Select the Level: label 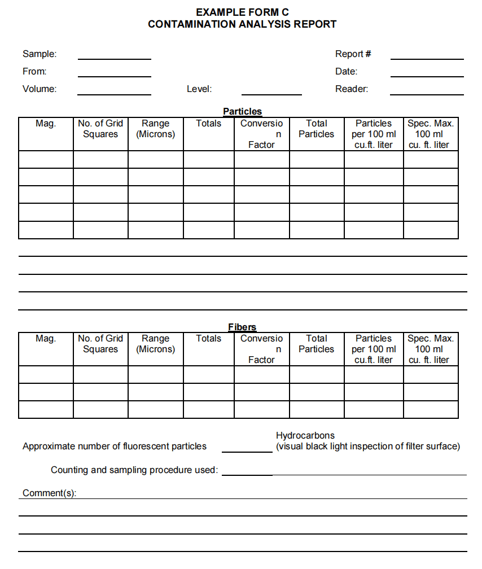tap(199, 89)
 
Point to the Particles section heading tap(242, 112)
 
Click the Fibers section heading tap(242, 327)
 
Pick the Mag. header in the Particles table tap(46, 124)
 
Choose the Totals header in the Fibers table tap(208, 339)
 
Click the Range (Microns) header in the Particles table tap(155, 129)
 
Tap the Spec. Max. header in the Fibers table tap(430, 349)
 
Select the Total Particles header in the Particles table tap(316, 129)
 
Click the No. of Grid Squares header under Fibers tap(100, 344)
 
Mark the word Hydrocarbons tap(305, 435)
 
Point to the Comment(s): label tap(50, 493)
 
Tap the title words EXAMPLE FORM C tap(242, 12)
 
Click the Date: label tap(346, 72)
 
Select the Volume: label tap(40, 89)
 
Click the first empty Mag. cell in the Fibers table tap(46, 374)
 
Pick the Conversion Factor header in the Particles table tap(261, 134)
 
